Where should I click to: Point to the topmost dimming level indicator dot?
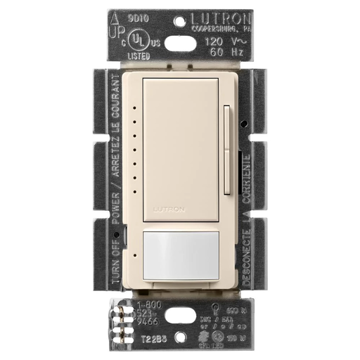point(132,109)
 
